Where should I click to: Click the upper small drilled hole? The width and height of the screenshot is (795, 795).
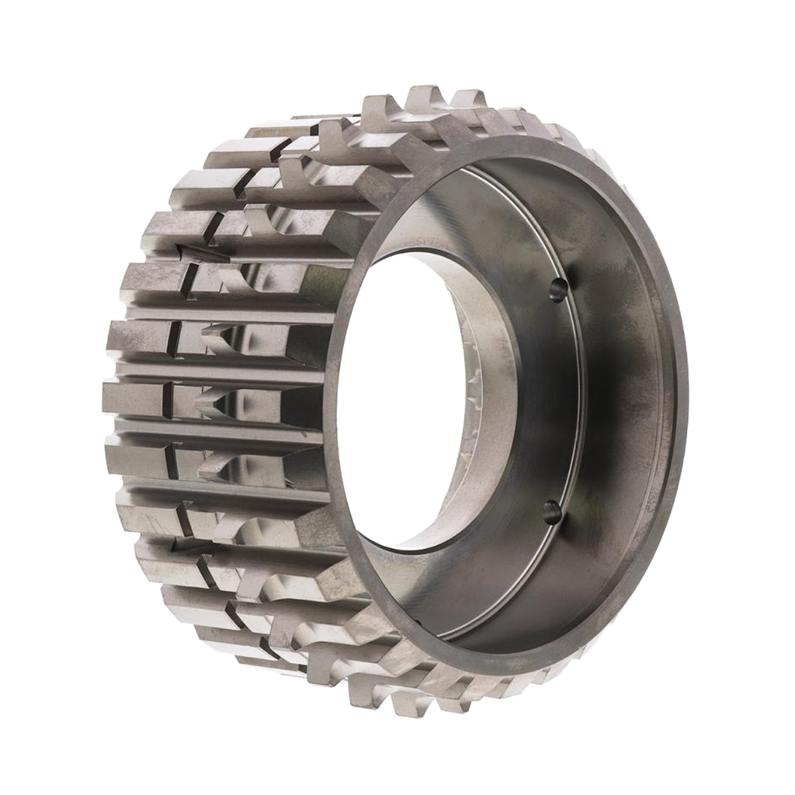[x=556, y=289]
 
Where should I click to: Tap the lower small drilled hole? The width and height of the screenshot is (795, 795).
[x=551, y=511]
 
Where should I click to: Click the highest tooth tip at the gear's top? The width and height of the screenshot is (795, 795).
[x=425, y=92]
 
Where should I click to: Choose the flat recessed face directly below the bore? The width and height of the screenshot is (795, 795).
[x=450, y=590]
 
